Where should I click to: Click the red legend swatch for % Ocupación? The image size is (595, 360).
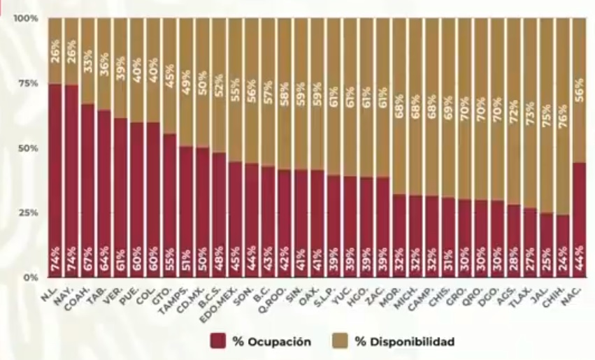[217, 341]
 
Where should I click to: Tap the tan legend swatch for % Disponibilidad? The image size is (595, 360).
[341, 341]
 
